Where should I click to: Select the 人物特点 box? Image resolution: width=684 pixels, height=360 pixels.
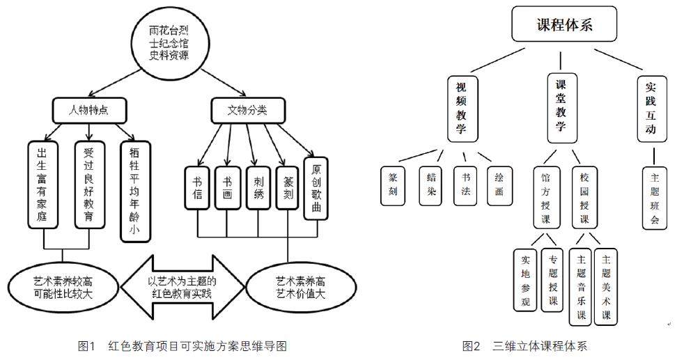[x=88, y=109]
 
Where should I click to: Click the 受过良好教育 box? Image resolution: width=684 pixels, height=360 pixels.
[x=88, y=184]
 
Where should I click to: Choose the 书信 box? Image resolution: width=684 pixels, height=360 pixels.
[x=197, y=187]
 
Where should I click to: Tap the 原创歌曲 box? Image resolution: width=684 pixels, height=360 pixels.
[x=316, y=187]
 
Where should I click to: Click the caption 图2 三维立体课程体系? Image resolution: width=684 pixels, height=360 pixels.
[x=525, y=346]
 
